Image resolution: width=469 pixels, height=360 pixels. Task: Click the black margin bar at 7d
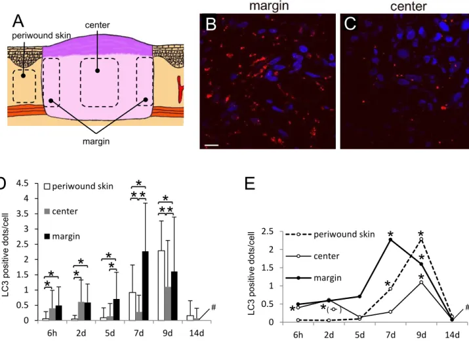pyautogui.click(x=145, y=286)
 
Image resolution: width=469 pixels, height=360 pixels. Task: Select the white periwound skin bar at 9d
pyautogui.click(x=161, y=285)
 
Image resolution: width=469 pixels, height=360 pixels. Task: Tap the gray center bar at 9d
pyautogui.click(x=168, y=304)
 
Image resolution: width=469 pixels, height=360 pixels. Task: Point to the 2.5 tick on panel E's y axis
pyautogui.click(x=268, y=231)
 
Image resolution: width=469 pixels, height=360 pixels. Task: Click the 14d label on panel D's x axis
pyautogui.click(x=196, y=333)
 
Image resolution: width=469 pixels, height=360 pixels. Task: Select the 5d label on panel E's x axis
pyautogui.click(x=359, y=335)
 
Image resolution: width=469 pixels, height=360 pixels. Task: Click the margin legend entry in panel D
pyautogui.click(x=62, y=236)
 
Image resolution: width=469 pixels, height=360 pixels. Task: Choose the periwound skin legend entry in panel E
pyautogui.click(x=330, y=234)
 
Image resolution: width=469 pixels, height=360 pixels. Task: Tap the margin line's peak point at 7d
pyautogui.click(x=390, y=239)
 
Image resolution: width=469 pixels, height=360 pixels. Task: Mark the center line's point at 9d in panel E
pyautogui.click(x=421, y=282)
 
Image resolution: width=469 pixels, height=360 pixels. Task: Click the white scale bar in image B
pyautogui.click(x=211, y=146)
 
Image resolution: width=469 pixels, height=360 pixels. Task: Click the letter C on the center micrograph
pyautogui.click(x=350, y=24)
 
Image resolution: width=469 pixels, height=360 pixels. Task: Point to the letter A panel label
pyautogui.click(x=18, y=21)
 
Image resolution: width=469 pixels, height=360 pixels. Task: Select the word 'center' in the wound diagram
pyautogui.click(x=97, y=25)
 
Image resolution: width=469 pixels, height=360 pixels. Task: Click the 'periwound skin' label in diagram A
pyautogui.click(x=41, y=35)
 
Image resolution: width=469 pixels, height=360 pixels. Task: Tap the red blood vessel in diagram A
pyautogui.click(x=180, y=89)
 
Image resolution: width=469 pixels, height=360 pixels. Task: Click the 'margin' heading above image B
pyautogui.click(x=269, y=6)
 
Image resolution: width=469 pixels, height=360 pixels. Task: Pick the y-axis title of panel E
pyautogui.click(x=252, y=273)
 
